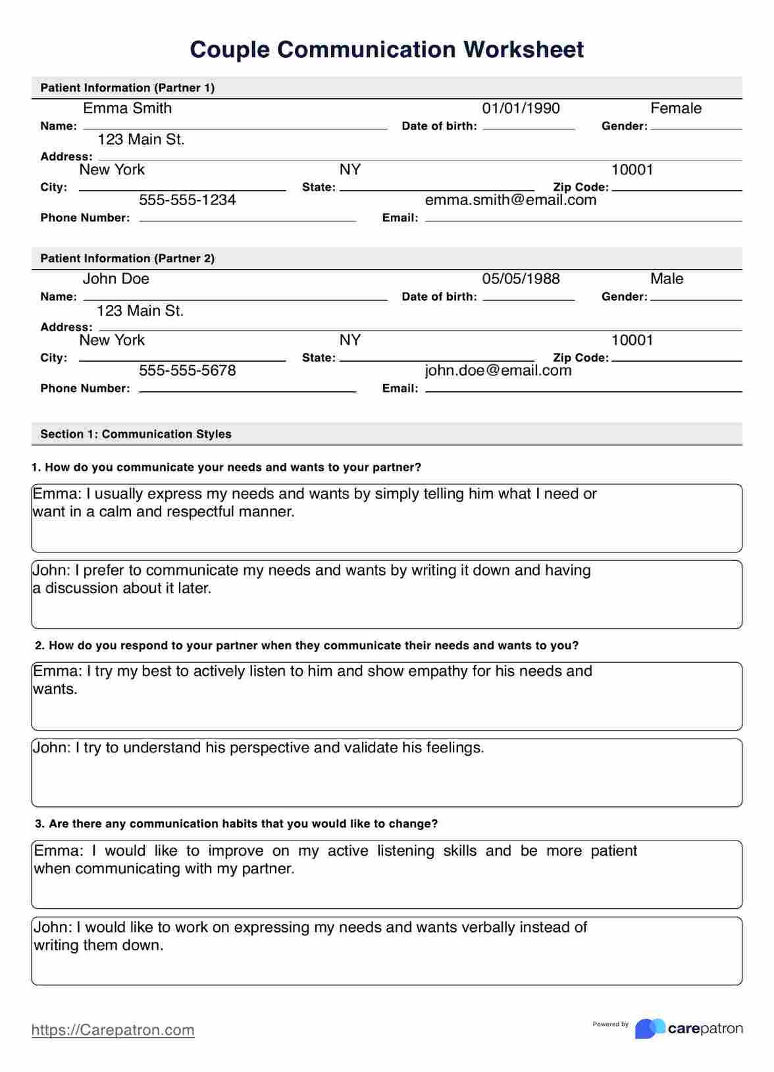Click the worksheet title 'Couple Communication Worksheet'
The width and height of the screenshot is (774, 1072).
tap(386, 50)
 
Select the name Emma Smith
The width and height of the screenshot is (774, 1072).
tap(127, 109)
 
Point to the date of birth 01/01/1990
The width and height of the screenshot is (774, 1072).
tap(521, 109)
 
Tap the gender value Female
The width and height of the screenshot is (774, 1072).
tap(675, 109)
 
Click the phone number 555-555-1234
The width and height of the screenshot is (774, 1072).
tap(188, 200)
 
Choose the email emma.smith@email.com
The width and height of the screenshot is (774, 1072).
tap(511, 200)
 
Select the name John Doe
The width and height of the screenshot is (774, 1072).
tap(116, 279)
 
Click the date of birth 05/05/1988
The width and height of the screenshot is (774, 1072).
tap(521, 279)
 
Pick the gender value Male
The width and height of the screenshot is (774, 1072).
tap(666, 279)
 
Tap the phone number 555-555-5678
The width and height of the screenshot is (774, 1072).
tap(188, 371)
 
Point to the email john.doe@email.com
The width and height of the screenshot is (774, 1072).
tap(498, 371)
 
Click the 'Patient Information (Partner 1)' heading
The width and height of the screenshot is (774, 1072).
tap(128, 88)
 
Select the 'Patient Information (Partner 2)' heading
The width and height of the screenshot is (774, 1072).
tap(128, 258)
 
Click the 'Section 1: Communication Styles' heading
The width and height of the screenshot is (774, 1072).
tap(136, 434)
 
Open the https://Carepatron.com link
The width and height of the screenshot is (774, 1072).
tap(113, 1030)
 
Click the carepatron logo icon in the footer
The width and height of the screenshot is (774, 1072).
tap(649, 1029)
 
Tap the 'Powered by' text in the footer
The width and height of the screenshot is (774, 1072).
tap(610, 1024)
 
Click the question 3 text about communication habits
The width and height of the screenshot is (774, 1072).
tap(236, 823)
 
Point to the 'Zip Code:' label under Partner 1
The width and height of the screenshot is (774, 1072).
tap(580, 187)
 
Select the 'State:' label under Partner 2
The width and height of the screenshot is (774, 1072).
tap(319, 358)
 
